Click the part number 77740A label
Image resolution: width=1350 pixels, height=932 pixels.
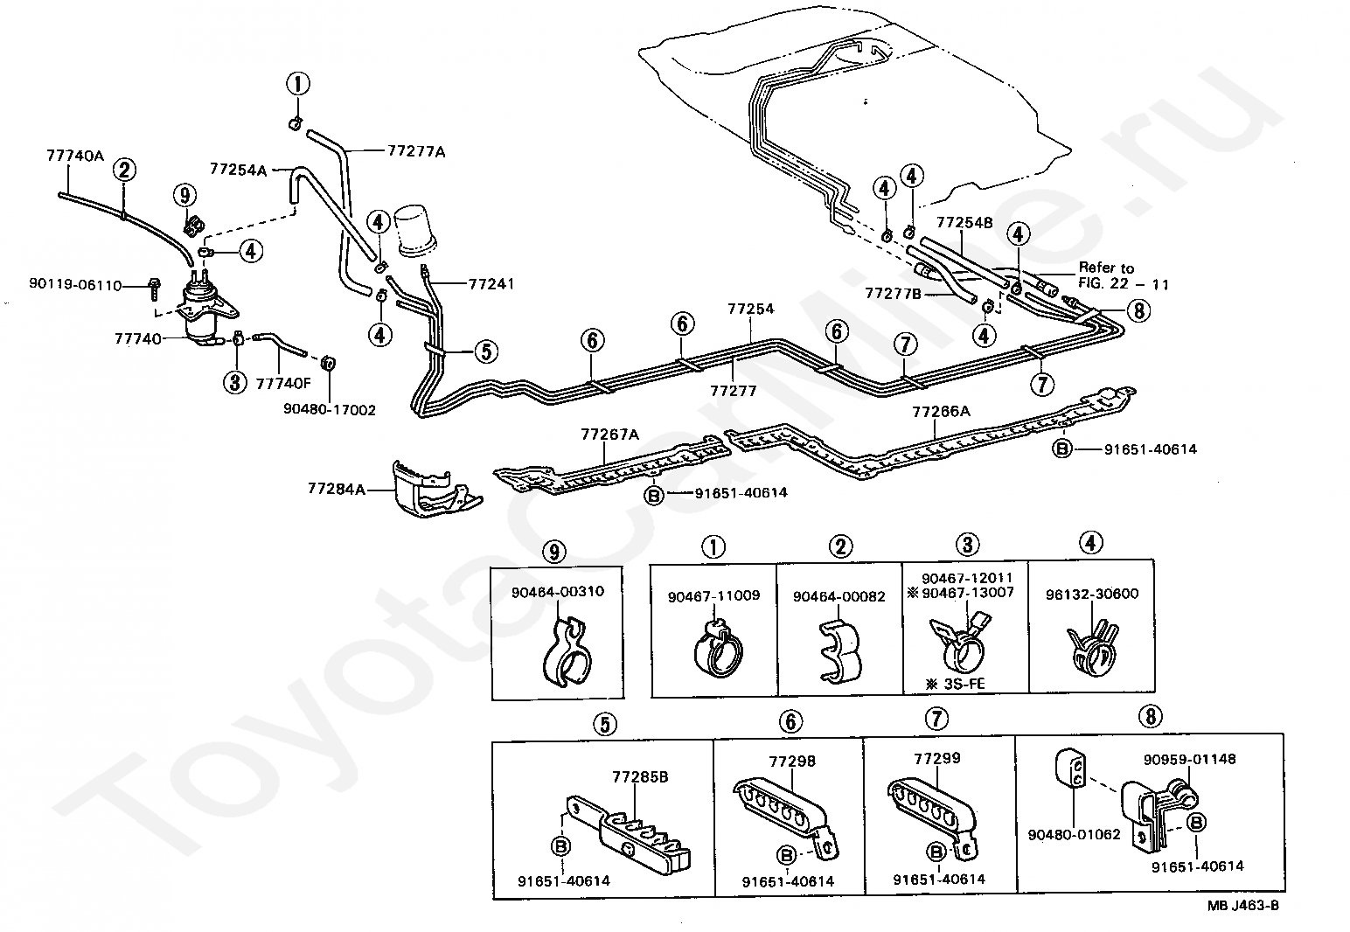click(x=74, y=156)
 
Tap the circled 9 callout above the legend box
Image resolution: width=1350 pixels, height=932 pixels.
click(x=553, y=552)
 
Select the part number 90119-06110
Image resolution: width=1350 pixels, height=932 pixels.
click(x=74, y=284)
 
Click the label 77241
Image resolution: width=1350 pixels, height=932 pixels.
click(x=491, y=283)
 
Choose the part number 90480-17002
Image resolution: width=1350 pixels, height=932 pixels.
click(x=329, y=409)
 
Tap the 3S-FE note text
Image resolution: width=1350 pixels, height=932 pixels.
click(x=959, y=683)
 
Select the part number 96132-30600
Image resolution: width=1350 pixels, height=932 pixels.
click(x=1092, y=594)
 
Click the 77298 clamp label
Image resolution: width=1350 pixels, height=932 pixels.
click(x=792, y=761)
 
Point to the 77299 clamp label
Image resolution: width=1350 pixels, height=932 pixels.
click(x=936, y=758)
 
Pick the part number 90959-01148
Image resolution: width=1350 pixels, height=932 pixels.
click(x=1190, y=759)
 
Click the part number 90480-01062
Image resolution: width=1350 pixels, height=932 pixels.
click(x=1074, y=834)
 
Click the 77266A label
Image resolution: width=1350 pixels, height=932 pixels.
click(x=941, y=411)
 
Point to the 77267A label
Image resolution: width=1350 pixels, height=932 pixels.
click(x=610, y=433)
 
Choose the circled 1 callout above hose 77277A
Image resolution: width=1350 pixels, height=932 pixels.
click(x=297, y=84)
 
